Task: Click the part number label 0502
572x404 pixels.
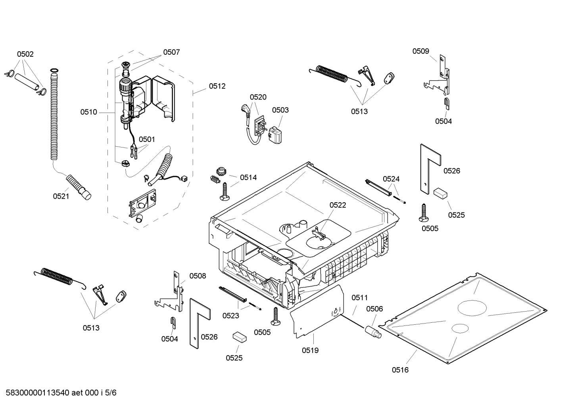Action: point(25,54)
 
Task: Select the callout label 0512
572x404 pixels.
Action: point(217,86)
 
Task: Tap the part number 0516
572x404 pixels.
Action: point(400,370)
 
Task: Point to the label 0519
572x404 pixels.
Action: point(310,350)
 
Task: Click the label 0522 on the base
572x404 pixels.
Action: point(338,205)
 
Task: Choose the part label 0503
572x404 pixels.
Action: point(280,110)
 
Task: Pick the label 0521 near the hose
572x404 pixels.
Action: point(61,196)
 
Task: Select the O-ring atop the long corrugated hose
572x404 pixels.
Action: point(54,71)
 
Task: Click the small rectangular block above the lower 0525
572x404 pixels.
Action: point(239,337)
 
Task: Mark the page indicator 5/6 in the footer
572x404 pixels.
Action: point(111,393)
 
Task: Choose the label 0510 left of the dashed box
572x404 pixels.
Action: point(88,112)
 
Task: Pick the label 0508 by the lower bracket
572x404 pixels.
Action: point(198,276)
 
